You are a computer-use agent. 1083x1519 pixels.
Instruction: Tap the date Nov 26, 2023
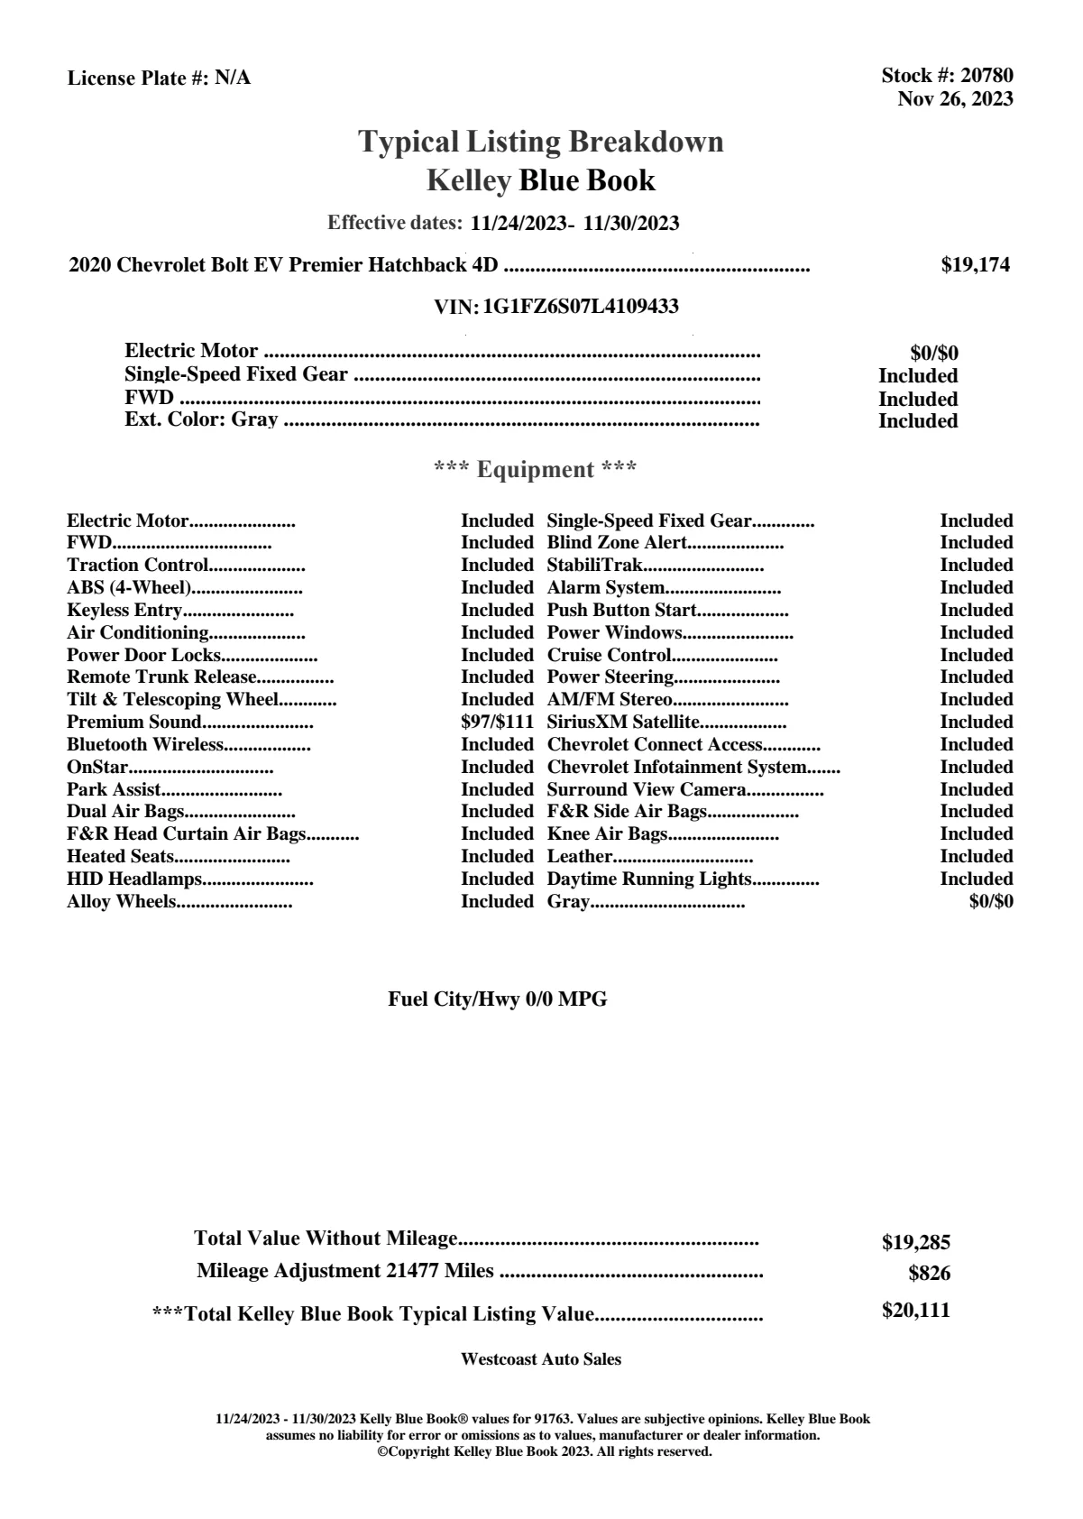click(955, 99)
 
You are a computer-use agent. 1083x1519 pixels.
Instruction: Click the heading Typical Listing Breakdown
click(541, 142)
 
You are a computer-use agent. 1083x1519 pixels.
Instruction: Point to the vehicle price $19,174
click(975, 265)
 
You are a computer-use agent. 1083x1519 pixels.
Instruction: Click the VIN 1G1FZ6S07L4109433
click(581, 307)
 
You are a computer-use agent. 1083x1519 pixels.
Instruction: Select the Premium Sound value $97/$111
click(497, 723)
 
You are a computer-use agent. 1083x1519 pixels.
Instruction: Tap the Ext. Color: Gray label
click(201, 420)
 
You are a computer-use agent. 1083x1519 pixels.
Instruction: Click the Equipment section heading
click(536, 470)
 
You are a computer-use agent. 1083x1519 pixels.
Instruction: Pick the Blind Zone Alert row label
click(617, 543)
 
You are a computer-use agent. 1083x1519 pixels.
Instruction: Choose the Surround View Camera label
click(647, 790)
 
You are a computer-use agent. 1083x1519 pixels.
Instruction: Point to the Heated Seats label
click(120, 857)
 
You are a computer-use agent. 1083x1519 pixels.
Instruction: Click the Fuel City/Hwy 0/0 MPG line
click(497, 999)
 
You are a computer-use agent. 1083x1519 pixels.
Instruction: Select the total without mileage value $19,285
click(915, 1243)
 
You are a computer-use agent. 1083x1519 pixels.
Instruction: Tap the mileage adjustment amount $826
click(929, 1275)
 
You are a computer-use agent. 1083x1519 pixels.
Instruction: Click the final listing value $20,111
click(915, 1311)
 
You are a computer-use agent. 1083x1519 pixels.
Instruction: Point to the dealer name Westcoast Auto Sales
click(540, 1359)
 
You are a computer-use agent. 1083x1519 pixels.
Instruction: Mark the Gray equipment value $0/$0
click(990, 901)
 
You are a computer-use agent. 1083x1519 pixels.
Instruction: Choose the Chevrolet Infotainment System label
click(676, 768)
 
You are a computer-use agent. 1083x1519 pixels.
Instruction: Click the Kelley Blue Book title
click(540, 181)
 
